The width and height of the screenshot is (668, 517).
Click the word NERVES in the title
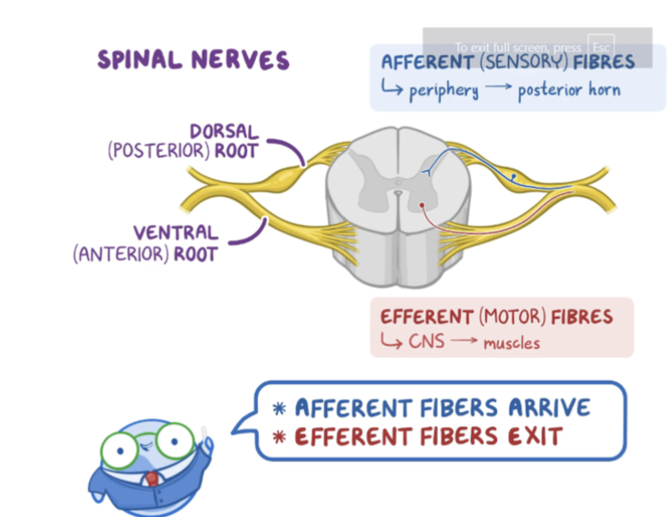tap(240, 60)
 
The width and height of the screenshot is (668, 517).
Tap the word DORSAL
tap(224, 131)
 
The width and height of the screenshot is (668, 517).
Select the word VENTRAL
tap(175, 232)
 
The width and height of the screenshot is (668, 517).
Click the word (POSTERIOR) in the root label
tap(159, 151)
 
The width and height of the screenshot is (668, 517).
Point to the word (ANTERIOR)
tap(121, 254)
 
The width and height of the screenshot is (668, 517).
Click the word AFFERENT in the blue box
tap(427, 62)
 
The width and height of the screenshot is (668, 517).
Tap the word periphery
tap(444, 91)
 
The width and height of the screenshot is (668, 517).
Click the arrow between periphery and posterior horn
tap(498, 87)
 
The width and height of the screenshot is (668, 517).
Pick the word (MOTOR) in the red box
tap(512, 317)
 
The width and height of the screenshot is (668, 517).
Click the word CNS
tap(427, 341)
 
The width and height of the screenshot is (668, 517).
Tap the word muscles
tap(512, 343)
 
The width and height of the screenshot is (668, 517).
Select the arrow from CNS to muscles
tap(464, 340)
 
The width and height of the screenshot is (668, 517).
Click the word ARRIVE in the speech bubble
tap(549, 408)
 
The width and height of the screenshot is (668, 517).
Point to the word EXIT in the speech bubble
tap(535, 436)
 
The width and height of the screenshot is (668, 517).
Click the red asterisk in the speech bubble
tap(279, 437)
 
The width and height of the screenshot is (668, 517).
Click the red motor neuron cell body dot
tap(422, 205)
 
